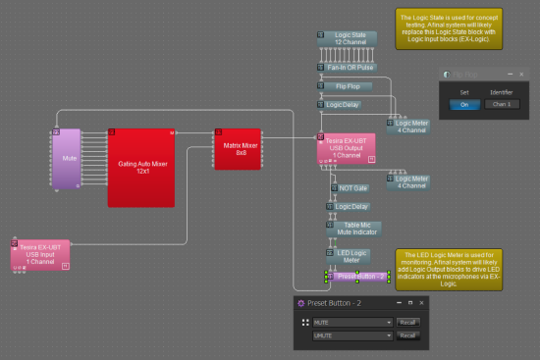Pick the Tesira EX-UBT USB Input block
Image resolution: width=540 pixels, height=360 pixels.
click(x=41, y=251)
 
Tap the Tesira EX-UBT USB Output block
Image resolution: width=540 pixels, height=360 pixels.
click(x=346, y=148)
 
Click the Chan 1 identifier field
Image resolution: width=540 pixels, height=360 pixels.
click(x=501, y=104)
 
